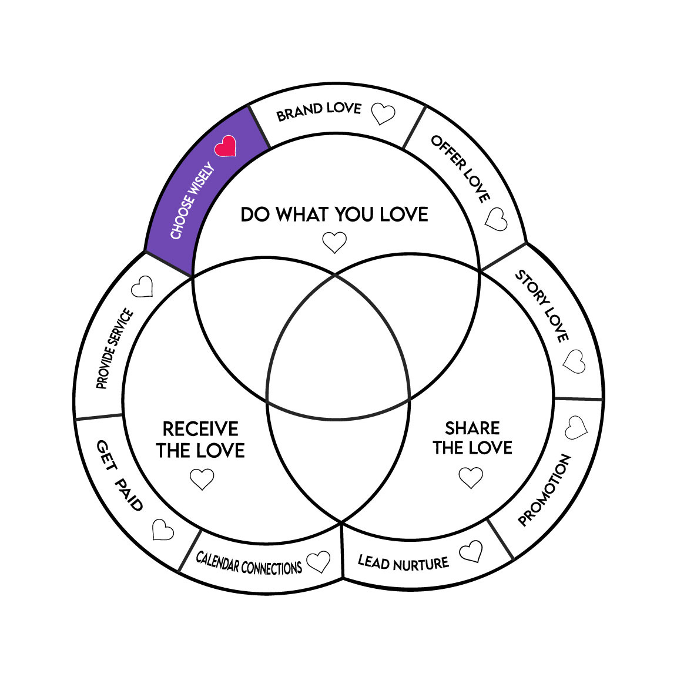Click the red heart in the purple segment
pos(225,146)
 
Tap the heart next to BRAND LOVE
pos(384,114)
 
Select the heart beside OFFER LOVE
pos(497,219)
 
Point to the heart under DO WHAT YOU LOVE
pos(334,242)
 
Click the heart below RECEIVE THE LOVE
pos(202,478)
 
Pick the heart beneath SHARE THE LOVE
pos(471,477)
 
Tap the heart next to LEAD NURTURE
pos(471,552)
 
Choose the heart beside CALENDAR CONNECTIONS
pos(319,562)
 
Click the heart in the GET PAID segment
pos(163,529)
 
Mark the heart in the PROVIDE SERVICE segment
pos(142,287)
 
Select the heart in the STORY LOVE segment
pos(574,361)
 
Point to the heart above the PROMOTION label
pos(576,428)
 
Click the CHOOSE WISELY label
pos(192,202)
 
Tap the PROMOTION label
pos(544,490)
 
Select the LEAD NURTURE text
pos(403,563)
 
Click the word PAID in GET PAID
pos(129,494)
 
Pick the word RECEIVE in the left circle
pos(200,428)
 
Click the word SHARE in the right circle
pos(472,428)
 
